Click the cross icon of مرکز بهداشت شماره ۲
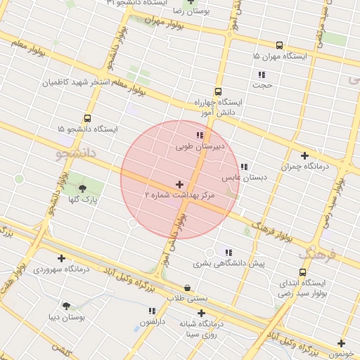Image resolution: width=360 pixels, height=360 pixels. [x=179, y=184]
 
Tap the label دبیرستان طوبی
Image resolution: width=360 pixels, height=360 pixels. [x=200, y=148]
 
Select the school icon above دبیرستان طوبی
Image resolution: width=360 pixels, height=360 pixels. [x=200, y=135]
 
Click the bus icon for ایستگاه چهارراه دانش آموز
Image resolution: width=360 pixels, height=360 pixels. [x=217, y=91]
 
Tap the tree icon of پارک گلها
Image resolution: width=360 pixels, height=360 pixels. [x=84, y=188]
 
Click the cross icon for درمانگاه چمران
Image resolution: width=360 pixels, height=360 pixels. [x=304, y=155]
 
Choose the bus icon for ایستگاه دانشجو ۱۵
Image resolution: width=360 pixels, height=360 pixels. [x=87, y=118]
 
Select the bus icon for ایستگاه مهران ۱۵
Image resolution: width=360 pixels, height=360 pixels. [x=280, y=44]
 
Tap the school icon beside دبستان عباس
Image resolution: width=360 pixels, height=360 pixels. [x=244, y=167]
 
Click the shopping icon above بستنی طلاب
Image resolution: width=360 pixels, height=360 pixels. [x=187, y=288]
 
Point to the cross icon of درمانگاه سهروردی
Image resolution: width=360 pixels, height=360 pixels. [x=62, y=258]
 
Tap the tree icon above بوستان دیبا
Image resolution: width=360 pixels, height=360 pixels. [x=67, y=306]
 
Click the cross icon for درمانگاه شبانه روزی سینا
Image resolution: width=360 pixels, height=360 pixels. [x=201, y=313]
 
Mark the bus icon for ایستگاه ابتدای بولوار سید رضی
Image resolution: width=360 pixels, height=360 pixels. [x=302, y=272]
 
